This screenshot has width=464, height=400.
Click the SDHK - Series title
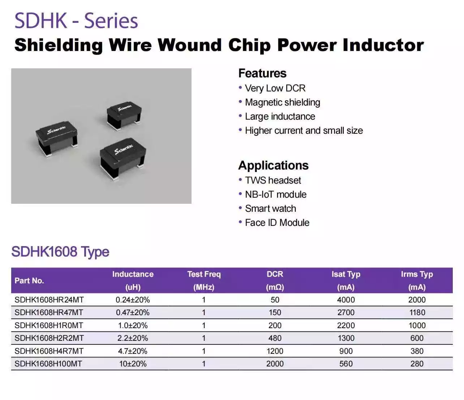click(76, 21)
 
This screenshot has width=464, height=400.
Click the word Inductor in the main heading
click(383, 45)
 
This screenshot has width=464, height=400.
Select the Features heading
click(262, 73)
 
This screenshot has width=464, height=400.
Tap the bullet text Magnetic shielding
click(282, 102)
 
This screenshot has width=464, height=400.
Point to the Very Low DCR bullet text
click(275, 88)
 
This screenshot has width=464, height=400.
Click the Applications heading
click(273, 165)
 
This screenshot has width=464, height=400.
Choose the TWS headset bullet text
click(273, 180)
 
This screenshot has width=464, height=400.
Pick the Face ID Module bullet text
click(277, 223)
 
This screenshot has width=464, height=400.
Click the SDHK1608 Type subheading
click(60, 251)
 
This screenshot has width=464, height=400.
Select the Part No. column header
click(29, 281)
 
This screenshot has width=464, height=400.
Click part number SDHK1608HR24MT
click(49, 300)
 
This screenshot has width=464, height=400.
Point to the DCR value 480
click(275, 338)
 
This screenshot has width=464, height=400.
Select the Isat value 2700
click(346, 313)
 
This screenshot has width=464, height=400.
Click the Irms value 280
click(417, 364)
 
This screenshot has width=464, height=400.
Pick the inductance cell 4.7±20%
click(133, 351)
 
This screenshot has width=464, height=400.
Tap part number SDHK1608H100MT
click(48, 364)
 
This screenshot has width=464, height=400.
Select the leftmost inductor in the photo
click(57, 139)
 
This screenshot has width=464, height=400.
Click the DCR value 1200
click(275, 351)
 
